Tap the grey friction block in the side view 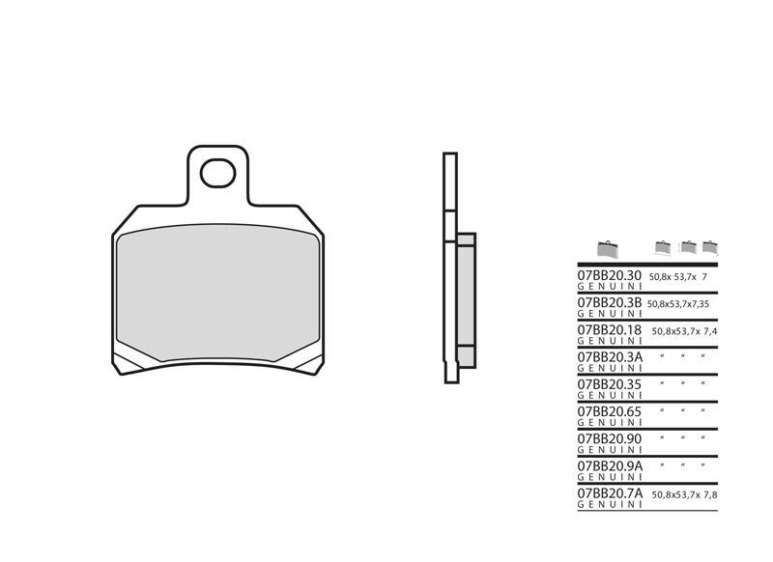pos(465,300)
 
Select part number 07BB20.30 pos(610,276)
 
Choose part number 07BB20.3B pos(610,302)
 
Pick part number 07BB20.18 pos(610,329)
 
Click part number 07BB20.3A pos(610,356)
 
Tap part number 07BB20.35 pos(610,383)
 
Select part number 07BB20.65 pos(610,410)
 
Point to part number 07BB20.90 pos(610,437)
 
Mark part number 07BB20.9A pos(610,464)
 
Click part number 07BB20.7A pos(610,492)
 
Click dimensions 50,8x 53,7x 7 pos(679,277)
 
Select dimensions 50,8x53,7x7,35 pos(679,303)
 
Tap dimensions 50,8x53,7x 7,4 pos(684,330)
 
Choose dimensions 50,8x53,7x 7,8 pos(684,492)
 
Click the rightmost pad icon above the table pos(710,246)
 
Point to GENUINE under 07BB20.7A pos(609,503)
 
